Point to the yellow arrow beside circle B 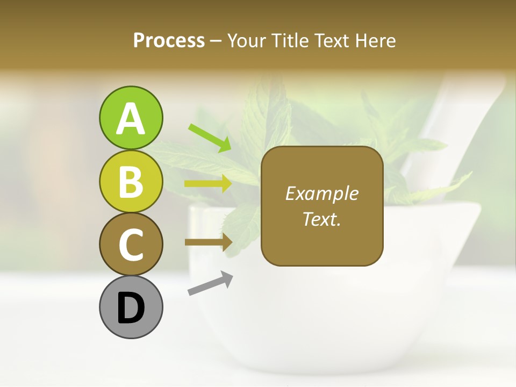point(208,184)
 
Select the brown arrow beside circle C point(209,242)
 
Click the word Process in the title point(169,40)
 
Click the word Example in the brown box point(321,193)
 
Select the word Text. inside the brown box point(321,219)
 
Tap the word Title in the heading point(289,40)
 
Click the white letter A point(131,118)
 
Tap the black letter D point(131,308)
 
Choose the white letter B point(131,182)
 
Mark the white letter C point(131,245)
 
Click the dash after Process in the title point(216,41)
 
